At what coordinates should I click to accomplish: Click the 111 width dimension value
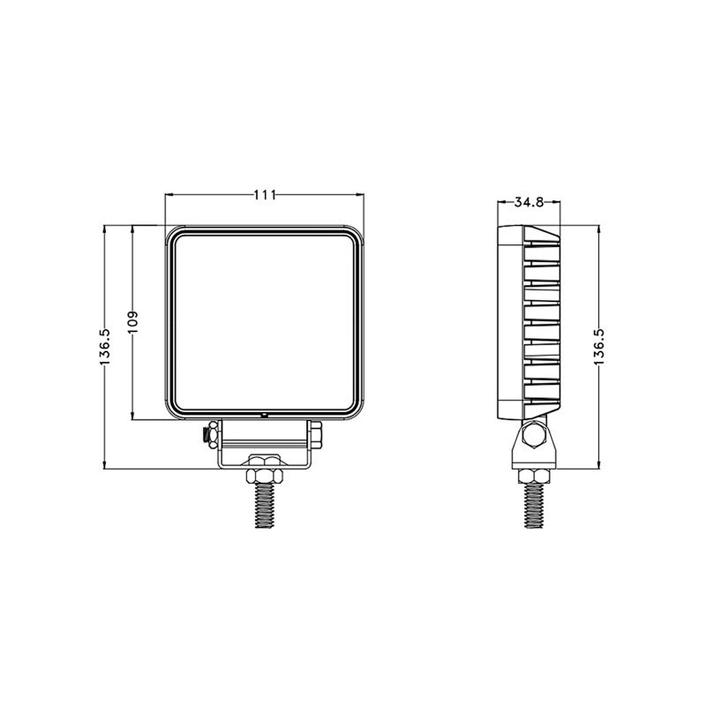(x=264, y=195)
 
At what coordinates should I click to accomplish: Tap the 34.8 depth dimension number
(x=528, y=202)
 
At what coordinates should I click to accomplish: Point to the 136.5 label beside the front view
(x=104, y=347)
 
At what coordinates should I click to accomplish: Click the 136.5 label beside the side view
(x=599, y=347)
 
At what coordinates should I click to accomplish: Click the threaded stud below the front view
(x=264, y=506)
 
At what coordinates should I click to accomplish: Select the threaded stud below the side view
(x=534, y=506)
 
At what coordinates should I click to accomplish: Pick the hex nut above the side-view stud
(x=534, y=474)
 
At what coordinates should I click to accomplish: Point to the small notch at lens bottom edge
(x=264, y=413)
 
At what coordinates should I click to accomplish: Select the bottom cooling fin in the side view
(x=542, y=390)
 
